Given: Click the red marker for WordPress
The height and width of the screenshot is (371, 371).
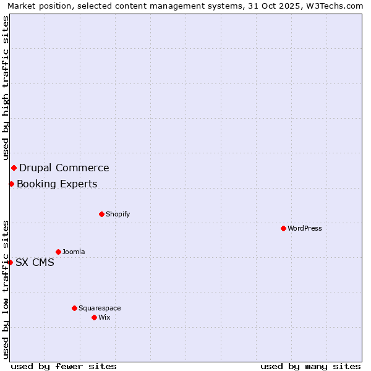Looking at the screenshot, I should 283,228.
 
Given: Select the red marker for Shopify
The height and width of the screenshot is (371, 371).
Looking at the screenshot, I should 101,214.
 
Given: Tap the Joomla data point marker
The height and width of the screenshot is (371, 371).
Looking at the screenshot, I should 58,252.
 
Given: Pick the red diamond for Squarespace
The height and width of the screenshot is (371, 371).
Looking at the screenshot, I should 74,308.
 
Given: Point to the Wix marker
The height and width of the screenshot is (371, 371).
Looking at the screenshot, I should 94,317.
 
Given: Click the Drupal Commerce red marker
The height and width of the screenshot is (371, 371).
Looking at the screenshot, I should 14,168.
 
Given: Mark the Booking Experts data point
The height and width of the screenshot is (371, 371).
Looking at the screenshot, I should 11,184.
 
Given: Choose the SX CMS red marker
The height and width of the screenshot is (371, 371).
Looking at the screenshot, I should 10,262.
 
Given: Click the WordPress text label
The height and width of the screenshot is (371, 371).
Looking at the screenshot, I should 305,228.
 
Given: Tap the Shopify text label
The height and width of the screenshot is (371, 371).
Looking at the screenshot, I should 117,214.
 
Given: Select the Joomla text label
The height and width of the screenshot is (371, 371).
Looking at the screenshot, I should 74,252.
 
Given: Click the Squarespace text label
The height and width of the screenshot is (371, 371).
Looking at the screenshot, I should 100,308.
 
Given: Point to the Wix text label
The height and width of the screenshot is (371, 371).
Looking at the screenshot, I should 104,317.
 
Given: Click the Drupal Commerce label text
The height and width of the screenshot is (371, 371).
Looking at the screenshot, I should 64,168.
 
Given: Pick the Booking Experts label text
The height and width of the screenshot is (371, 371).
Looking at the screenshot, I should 57,184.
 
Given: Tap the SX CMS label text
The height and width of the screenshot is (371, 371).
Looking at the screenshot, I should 35,262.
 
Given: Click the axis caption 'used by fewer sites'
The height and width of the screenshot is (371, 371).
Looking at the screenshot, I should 64,366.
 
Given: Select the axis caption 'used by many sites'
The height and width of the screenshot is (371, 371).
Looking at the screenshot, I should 310,366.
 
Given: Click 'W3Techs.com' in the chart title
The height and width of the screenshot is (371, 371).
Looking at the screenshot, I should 336,6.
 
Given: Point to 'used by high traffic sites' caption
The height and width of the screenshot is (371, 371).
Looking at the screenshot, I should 6,88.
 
